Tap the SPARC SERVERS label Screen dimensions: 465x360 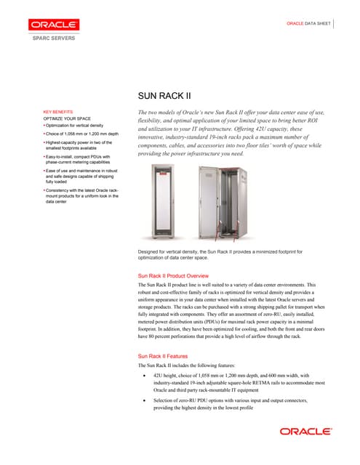52,37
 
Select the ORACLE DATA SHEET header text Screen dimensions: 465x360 308,24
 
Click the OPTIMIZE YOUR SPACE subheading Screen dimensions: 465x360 67,118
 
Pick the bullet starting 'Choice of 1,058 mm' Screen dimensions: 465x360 80,135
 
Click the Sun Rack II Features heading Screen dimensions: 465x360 168,357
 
